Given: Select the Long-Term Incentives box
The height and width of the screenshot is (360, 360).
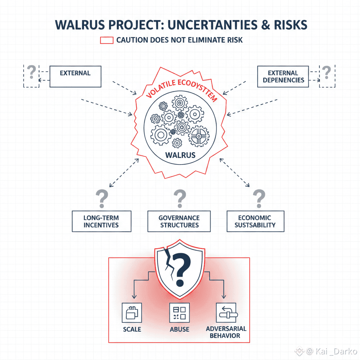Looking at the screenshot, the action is [x=101, y=221].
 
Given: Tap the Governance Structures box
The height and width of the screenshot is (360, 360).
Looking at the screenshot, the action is [x=179, y=221].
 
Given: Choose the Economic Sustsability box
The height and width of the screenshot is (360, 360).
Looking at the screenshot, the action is [x=255, y=221].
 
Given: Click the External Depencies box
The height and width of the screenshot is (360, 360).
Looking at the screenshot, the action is [x=283, y=77].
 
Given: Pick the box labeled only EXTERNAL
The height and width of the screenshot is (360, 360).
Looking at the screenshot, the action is [x=75, y=77].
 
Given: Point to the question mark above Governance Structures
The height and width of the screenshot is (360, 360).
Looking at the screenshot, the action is [x=180, y=199].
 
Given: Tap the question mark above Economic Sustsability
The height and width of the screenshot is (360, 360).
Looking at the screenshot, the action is [x=259, y=199].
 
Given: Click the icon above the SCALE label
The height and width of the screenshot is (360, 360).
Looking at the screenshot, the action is [x=131, y=312].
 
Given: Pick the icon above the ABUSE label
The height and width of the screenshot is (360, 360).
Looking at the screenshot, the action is [x=179, y=312].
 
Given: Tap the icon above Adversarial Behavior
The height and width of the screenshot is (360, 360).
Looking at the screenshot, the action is [x=226, y=312].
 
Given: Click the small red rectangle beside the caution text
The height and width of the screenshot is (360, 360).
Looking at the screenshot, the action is [x=107, y=40].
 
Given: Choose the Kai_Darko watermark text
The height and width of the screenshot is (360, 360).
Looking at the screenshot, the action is [x=337, y=351].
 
